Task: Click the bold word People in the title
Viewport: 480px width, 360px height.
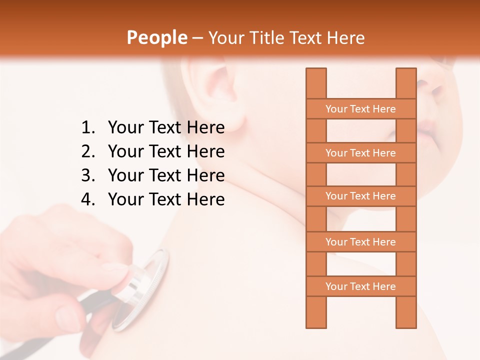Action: (x=157, y=37)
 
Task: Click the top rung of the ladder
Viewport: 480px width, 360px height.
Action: (x=360, y=109)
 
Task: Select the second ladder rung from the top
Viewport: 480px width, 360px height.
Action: (x=360, y=153)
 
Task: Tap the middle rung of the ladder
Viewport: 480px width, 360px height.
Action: (x=360, y=196)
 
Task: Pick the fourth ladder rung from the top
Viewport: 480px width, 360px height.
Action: (x=360, y=242)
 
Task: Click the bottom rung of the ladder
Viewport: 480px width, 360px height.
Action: (x=360, y=286)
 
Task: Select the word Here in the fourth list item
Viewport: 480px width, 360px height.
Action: (x=205, y=199)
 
